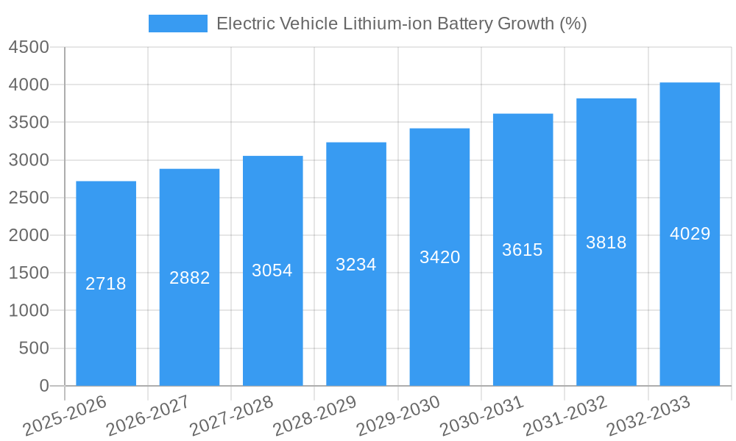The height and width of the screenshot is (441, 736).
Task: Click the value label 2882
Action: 190,278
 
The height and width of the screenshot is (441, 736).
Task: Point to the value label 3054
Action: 272,270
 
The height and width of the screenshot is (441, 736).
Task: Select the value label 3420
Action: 440,257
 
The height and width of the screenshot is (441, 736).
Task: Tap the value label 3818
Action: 606,243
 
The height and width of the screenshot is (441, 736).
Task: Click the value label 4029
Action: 690,234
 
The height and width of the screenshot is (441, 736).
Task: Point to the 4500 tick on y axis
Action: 29,48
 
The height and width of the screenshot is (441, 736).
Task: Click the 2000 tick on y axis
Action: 29,236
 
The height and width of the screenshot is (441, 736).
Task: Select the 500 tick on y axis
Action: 34,348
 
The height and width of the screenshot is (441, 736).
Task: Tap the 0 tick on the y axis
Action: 43,386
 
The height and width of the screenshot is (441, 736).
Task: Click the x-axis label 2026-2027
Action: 148,416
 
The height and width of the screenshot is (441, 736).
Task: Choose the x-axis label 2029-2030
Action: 398,416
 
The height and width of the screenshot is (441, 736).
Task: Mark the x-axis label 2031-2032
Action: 565,416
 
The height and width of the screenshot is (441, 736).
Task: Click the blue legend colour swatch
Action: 178,24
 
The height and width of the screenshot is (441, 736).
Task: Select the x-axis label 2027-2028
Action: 231,416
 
